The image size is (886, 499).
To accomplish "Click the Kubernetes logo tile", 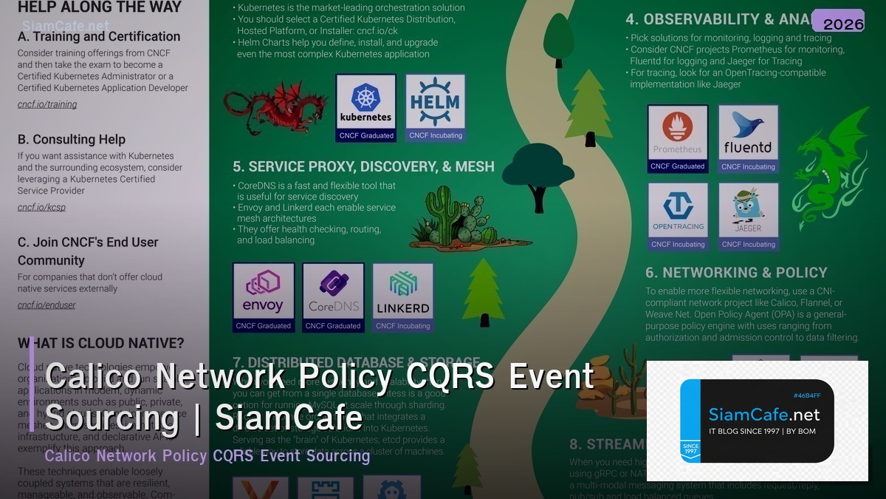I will [x=365, y=107].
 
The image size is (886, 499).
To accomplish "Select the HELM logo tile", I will [x=436, y=107].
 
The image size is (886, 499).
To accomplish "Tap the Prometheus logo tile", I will [x=678, y=138].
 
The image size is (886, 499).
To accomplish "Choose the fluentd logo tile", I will [x=748, y=138].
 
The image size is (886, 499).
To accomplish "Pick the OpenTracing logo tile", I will [x=678, y=216].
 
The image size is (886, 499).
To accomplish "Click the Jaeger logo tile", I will [x=748, y=216].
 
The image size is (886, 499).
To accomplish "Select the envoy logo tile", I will [x=264, y=296].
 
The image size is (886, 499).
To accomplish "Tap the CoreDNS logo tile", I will [x=333, y=296].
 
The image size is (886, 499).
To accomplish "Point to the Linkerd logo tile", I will [x=402, y=296].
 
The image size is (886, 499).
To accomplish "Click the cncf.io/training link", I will [x=47, y=104].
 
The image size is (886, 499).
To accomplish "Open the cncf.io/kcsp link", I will [x=41, y=207].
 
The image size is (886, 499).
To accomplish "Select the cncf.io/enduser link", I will [x=47, y=305].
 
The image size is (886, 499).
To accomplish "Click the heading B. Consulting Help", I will [x=72, y=139].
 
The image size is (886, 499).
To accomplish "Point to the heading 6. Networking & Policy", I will [x=736, y=273].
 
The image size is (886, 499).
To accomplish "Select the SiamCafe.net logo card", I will [x=757, y=421].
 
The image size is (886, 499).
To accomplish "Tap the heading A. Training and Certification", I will [x=99, y=36].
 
